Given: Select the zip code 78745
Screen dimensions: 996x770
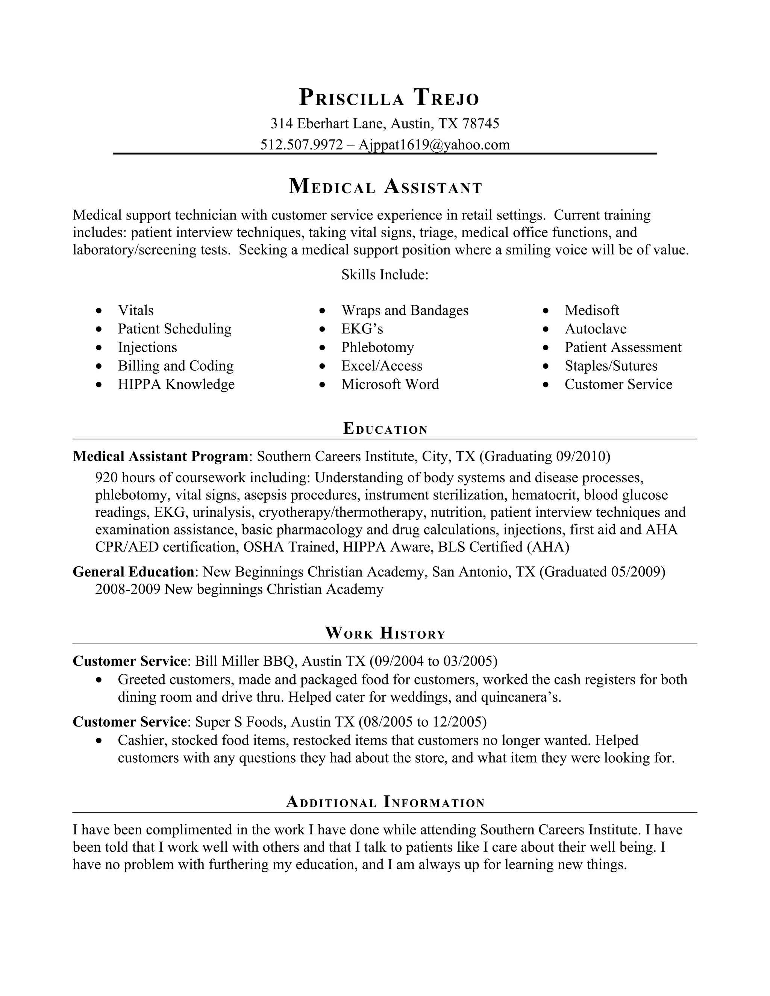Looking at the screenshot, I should [x=481, y=124].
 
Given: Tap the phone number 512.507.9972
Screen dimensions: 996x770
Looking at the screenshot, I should [x=301, y=145].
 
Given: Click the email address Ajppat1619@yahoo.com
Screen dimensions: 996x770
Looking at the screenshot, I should [x=434, y=145].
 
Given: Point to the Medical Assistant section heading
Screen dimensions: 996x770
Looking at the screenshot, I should [x=385, y=187].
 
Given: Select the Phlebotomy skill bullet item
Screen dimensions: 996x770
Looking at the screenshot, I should [x=377, y=348].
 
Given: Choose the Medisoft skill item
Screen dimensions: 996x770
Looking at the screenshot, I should [x=592, y=310].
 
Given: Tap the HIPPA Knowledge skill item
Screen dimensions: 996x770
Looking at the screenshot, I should [x=176, y=384].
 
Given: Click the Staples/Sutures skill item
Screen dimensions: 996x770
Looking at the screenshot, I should [x=611, y=366].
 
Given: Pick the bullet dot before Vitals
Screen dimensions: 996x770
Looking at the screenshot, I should [x=99, y=310].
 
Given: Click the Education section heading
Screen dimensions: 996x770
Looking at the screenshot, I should [x=385, y=429].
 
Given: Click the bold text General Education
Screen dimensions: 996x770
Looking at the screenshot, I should [x=133, y=572].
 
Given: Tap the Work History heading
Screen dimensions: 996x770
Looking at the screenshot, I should [x=385, y=633].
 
